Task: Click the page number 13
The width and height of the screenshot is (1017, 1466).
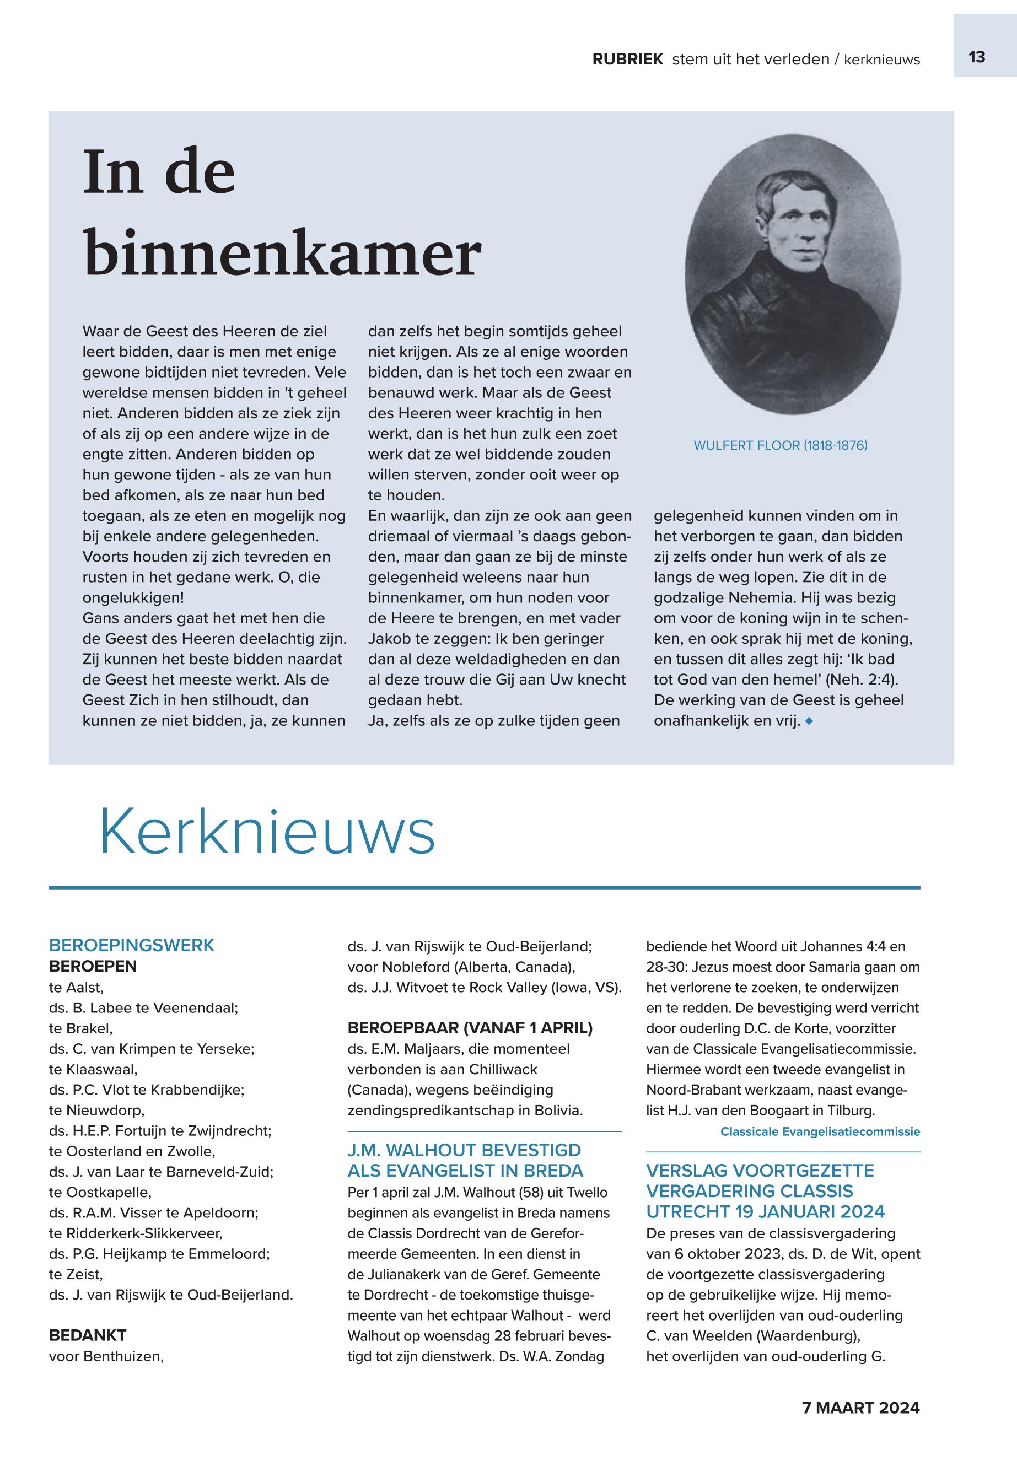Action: pos(976,57)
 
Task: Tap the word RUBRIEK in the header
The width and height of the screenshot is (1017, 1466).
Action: pos(628,60)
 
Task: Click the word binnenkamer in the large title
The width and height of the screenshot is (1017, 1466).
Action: pos(282,254)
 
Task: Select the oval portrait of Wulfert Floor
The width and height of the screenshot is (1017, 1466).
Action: pos(793,274)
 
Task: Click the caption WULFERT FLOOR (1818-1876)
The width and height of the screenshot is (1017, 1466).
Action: pos(780,445)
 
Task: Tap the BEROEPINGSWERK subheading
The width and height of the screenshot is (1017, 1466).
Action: pos(132,946)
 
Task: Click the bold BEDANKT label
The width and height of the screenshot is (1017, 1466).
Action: pos(88,1335)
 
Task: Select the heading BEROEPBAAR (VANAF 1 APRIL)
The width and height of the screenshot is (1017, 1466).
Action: pos(470,1028)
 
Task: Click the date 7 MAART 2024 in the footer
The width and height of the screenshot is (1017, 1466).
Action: pos(860,1408)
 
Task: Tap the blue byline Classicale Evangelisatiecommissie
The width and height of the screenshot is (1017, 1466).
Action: pos(820,1131)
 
